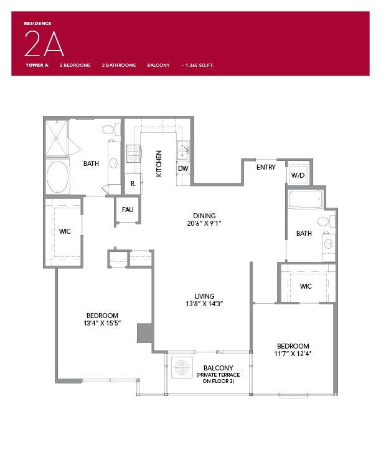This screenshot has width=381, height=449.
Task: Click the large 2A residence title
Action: (x=44, y=43)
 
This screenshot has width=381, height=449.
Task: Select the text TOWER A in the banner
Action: (x=37, y=65)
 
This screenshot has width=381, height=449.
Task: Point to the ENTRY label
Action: (x=266, y=167)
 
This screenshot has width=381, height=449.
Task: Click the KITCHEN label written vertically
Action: (x=159, y=163)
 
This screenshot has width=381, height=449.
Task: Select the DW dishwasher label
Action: (x=183, y=168)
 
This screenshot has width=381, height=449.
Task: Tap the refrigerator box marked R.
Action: (x=133, y=184)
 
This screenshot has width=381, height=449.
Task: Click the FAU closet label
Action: (x=128, y=210)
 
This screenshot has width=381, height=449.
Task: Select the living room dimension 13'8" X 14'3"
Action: (x=204, y=304)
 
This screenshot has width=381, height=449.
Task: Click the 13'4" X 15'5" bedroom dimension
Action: (x=101, y=323)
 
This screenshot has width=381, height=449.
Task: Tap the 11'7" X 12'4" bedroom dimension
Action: (x=293, y=354)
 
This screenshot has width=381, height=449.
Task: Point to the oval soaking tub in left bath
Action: (x=58, y=178)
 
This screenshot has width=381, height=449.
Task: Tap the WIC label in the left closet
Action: (x=65, y=231)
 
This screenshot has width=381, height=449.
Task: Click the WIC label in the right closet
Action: (x=305, y=286)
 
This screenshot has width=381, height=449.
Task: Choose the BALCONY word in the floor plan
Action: (x=218, y=368)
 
